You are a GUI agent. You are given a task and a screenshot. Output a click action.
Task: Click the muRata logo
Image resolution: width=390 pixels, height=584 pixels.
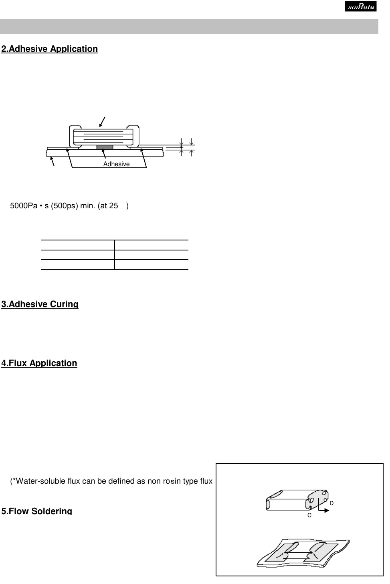click(x=360, y=6)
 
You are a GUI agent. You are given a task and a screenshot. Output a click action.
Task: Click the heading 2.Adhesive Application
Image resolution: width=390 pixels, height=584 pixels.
click(x=50, y=49)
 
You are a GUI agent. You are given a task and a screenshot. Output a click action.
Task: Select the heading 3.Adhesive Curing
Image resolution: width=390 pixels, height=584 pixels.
click(x=40, y=304)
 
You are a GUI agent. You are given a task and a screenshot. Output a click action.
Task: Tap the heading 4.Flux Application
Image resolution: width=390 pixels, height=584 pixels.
click(x=39, y=363)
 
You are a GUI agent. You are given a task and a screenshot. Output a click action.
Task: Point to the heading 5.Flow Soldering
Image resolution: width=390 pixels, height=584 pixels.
click(x=37, y=511)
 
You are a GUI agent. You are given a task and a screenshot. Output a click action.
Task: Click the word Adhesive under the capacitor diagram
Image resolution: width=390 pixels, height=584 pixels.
click(x=116, y=164)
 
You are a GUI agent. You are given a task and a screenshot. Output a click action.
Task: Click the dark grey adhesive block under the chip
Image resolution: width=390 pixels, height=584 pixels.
click(x=105, y=147)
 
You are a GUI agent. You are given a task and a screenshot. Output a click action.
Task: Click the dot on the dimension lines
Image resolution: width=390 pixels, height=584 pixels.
click(x=181, y=147)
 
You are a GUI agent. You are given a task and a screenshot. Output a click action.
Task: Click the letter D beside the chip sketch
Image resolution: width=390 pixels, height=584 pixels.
click(x=331, y=503)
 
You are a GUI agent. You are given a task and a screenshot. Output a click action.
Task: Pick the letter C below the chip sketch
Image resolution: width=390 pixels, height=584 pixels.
click(x=309, y=515)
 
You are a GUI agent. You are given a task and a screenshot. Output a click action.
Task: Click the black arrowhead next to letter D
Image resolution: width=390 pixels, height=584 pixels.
click(x=326, y=511)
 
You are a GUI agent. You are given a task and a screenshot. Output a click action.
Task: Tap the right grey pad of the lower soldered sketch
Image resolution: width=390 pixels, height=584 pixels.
click(x=323, y=551)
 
